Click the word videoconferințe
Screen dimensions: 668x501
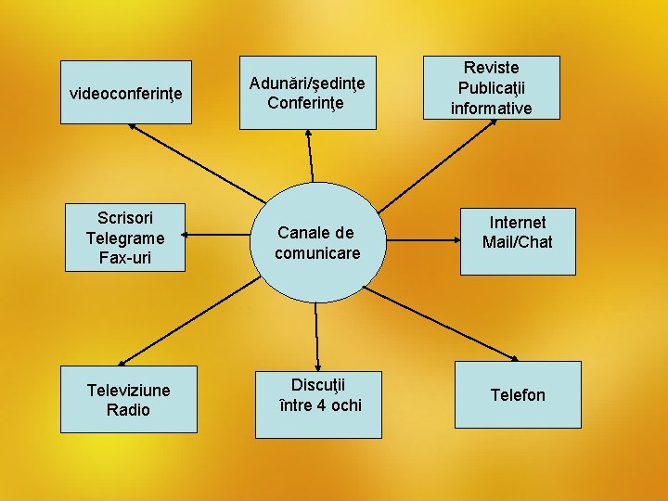[126, 94]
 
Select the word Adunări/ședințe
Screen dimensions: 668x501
[307, 83]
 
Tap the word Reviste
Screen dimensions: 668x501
[492, 68]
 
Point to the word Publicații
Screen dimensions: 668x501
[492, 88]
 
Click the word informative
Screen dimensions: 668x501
[492, 109]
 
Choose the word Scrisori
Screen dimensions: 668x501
[125, 217]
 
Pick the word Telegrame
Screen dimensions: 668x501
[125, 238]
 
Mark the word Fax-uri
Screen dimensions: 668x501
[125, 258]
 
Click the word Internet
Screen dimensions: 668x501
[518, 222]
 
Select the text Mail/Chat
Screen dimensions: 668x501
[518, 242]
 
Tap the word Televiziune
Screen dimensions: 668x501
[128, 390]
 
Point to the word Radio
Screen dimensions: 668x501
[128, 410]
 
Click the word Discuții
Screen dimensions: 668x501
[320, 384]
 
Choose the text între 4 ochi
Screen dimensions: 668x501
[320, 405]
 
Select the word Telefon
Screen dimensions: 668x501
[518, 395]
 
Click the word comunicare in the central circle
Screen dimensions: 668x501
[317, 252]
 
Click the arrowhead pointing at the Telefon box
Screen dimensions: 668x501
[517, 358]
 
